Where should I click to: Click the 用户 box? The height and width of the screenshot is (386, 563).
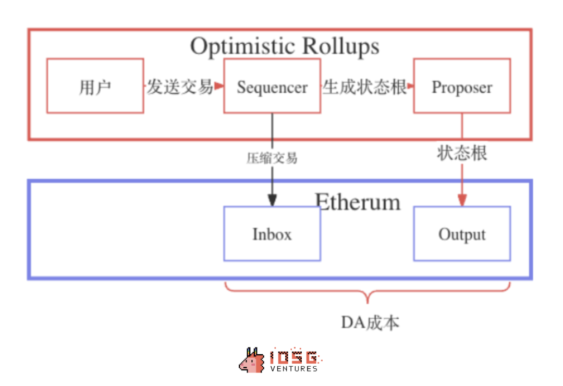point(95,86)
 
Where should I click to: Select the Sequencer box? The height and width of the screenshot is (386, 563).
point(272,86)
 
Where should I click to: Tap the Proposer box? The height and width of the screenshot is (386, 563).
point(462,86)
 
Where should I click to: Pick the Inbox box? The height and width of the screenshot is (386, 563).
point(272,234)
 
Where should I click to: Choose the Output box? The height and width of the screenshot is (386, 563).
point(462,234)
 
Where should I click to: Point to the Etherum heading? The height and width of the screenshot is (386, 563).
point(358,202)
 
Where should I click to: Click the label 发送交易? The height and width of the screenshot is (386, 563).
point(179,86)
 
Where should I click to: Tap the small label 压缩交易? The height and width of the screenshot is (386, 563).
point(272,158)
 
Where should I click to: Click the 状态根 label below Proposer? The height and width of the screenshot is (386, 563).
point(462,153)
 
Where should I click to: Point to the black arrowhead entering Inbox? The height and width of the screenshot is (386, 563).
point(272,201)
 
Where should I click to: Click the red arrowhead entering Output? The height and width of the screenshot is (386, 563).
point(462,201)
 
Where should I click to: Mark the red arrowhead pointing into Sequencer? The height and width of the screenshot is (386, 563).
point(219,86)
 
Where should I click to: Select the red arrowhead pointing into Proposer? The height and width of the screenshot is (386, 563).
point(409,86)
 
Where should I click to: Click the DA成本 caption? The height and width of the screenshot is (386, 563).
point(370,322)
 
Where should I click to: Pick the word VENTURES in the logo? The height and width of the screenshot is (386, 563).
point(294,369)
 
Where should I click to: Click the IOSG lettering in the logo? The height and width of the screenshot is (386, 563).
point(294,357)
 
